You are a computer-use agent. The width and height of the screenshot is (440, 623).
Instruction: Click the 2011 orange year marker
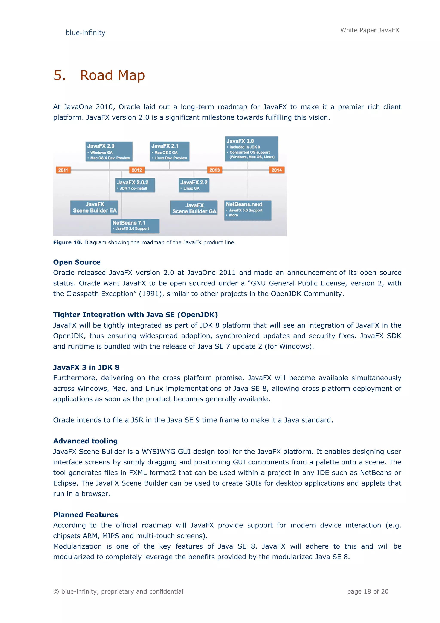(x=63, y=170)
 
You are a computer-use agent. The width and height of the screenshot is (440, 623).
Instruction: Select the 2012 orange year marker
(x=137, y=170)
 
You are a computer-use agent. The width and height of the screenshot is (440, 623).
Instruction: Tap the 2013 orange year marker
(x=214, y=170)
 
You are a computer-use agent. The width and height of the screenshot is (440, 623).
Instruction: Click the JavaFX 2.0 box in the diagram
(x=109, y=151)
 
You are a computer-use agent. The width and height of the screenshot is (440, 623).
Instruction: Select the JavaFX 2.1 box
(x=170, y=151)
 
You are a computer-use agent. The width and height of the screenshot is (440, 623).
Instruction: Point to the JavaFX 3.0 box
(x=251, y=149)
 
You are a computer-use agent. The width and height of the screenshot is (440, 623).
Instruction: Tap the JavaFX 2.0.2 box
(x=135, y=185)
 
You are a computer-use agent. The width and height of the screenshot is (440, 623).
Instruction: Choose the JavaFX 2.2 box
(x=194, y=185)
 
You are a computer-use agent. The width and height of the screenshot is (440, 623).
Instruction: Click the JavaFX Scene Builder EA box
(x=94, y=208)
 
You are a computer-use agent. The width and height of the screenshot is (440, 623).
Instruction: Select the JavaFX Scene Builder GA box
(x=194, y=208)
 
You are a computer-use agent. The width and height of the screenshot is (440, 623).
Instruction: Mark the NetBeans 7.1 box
(x=135, y=226)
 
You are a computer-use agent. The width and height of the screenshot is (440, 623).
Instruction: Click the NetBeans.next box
(x=248, y=210)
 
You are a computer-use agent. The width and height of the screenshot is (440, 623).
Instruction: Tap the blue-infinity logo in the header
(x=85, y=33)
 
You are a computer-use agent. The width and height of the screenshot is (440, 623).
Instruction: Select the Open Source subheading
(x=77, y=262)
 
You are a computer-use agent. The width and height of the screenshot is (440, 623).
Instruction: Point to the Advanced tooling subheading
(x=85, y=441)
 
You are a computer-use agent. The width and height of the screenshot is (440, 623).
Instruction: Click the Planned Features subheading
(x=86, y=515)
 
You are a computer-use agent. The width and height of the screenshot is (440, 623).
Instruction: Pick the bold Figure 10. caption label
(x=68, y=243)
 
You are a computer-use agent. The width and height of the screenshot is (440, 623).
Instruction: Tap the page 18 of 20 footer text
(x=368, y=592)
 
